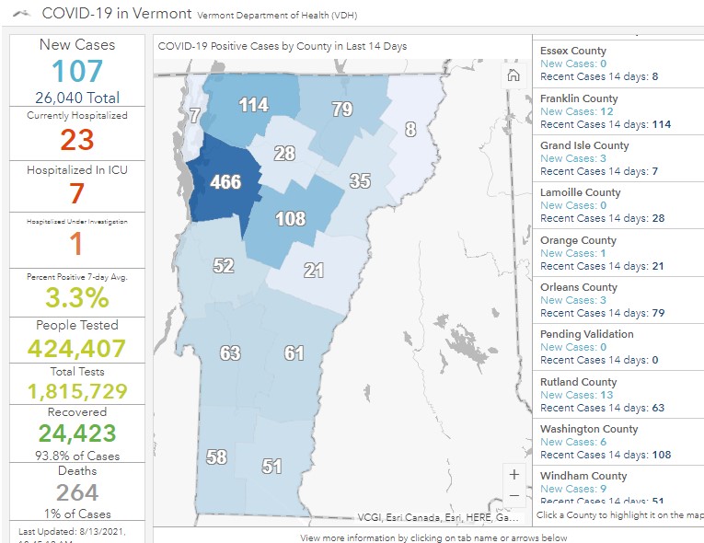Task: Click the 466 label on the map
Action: (225, 181)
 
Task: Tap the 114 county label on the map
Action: (253, 105)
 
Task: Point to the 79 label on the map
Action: (341, 110)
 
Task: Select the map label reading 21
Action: (314, 270)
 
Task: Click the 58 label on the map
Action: (216, 456)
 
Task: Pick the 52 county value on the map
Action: (224, 266)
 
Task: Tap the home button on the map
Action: (513, 75)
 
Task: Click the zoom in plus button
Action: (514, 475)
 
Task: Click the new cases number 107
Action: (77, 71)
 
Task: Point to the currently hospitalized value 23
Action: (77, 140)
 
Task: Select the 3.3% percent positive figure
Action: (77, 297)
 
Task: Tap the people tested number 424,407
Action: (77, 348)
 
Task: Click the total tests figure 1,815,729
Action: (77, 390)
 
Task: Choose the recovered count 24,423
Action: (77, 433)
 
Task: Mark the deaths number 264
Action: (77, 492)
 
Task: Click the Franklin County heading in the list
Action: (579, 98)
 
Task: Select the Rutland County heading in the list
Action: (578, 382)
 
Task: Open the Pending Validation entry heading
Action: (587, 334)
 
